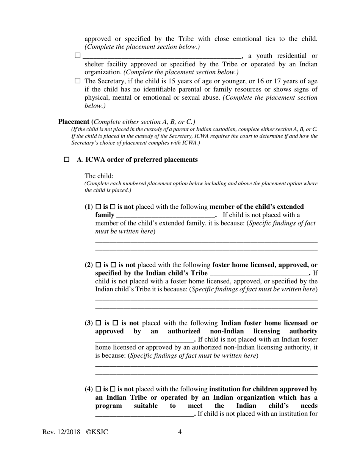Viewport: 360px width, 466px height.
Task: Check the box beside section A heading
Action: (x=67, y=160)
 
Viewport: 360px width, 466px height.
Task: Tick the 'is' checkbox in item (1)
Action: (x=99, y=207)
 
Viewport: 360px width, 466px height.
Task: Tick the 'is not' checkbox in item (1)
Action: (x=113, y=207)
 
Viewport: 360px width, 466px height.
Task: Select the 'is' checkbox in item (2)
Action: (x=99, y=265)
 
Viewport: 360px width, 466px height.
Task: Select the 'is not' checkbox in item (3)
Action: (x=116, y=323)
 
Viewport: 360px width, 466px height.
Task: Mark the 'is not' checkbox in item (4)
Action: (x=113, y=389)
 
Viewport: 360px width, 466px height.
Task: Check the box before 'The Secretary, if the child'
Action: (x=78, y=81)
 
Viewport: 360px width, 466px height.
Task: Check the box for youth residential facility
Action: (x=78, y=55)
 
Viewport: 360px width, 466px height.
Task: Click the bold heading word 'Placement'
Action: (x=74, y=122)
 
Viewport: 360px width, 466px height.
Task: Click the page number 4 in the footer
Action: (x=180, y=432)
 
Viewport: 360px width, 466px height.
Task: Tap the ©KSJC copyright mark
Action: (x=97, y=432)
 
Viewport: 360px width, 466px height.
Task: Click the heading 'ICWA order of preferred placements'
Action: (x=141, y=160)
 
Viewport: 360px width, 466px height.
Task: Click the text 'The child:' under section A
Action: (x=99, y=176)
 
